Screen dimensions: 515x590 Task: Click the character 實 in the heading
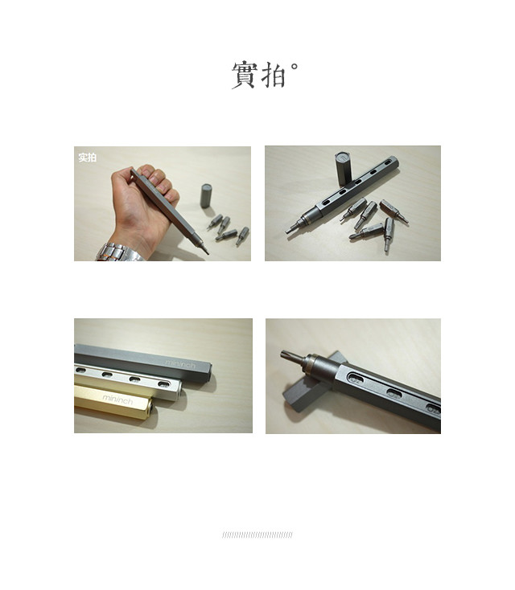(x=245, y=76)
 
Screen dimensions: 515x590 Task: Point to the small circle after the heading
(x=295, y=67)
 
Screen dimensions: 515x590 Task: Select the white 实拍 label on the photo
(x=88, y=158)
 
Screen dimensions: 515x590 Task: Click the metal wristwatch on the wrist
(x=118, y=252)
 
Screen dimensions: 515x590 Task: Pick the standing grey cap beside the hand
(x=206, y=195)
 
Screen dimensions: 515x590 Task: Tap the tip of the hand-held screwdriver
(x=207, y=253)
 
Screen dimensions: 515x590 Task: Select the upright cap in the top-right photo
(x=343, y=169)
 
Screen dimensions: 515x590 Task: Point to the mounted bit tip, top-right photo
(x=288, y=230)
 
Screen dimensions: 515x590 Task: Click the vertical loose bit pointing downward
(x=389, y=234)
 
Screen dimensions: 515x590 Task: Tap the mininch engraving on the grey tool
(x=180, y=364)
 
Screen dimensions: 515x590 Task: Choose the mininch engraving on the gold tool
(x=117, y=399)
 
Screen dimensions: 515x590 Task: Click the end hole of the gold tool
(x=150, y=407)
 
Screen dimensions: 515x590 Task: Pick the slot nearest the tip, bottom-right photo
(x=355, y=378)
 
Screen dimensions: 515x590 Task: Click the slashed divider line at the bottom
(x=257, y=535)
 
